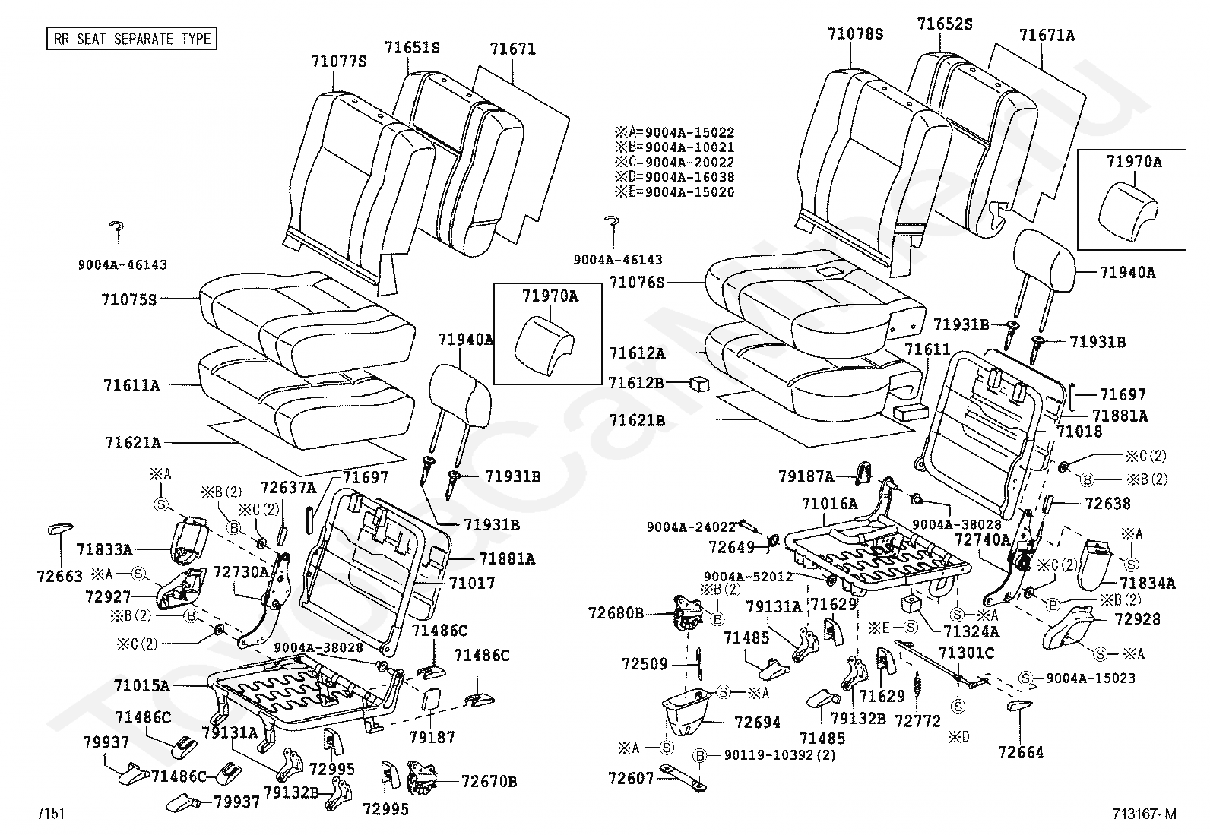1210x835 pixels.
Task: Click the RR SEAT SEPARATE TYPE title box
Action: click(131, 39)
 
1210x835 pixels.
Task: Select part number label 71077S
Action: click(338, 62)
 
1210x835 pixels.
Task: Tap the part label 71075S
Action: click(128, 299)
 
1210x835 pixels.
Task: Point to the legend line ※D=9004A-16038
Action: click(675, 177)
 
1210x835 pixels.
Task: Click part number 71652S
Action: click(945, 24)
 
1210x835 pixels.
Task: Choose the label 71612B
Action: click(637, 384)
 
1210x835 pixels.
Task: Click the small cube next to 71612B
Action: click(699, 384)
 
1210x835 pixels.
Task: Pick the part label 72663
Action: click(59, 577)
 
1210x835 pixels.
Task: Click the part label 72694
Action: click(758, 722)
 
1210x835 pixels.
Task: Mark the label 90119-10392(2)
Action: click(769, 756)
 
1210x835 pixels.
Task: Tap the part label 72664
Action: click(1021, 753)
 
